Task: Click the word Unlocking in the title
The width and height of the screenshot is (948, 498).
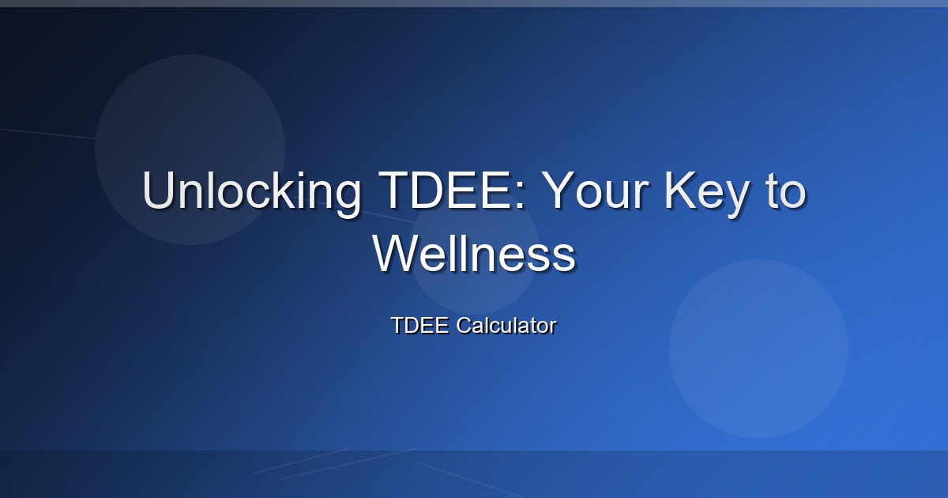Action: point(251,191)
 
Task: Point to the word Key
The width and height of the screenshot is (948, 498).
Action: point(707,194)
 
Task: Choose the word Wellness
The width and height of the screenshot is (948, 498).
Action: point(474,253)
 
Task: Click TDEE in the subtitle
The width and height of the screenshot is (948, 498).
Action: point(419,325)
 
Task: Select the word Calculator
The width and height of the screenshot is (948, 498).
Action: point(506,325)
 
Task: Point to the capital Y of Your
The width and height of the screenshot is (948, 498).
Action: point(559,191)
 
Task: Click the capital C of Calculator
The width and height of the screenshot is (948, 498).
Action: point(465,325)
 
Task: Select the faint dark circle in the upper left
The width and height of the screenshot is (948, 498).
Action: point(190,149)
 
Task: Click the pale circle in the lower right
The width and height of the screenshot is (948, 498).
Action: point(759,349)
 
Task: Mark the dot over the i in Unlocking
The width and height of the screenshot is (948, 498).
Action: point(294,174)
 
